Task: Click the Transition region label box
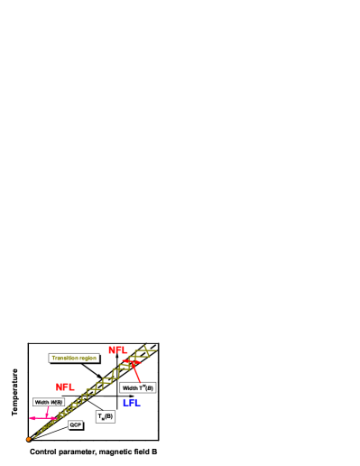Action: [74, 358]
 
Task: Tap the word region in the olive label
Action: [87, 358]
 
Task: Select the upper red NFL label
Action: [116, 349]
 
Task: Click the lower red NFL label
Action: [64, 387]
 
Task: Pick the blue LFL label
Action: [130, 402]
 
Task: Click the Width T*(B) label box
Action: [137, 387]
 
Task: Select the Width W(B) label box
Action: [49, 402]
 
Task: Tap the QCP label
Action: [76, 424]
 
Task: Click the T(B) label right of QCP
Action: [106, 416]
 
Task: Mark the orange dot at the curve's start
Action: [29, 439]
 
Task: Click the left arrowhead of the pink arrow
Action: [31, 418]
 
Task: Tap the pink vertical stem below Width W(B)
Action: [47, 412]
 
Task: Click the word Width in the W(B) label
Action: [42, 402]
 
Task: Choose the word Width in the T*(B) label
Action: [130, 387]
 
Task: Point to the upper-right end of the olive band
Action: [153, 349]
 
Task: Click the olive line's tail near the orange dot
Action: [38, 432]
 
